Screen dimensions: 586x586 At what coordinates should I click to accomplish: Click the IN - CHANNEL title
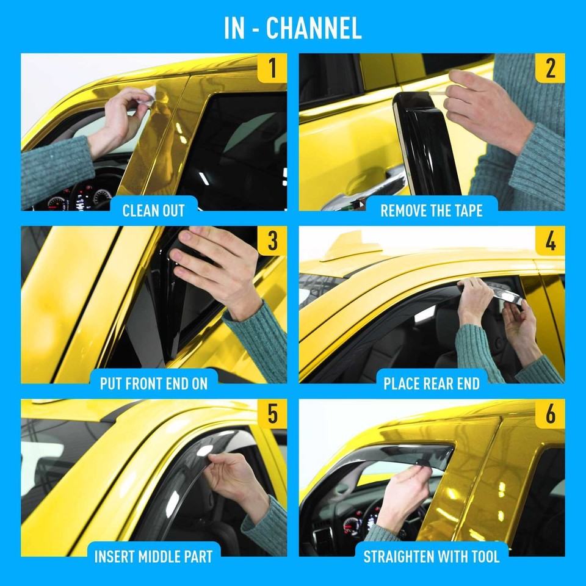[293, 28]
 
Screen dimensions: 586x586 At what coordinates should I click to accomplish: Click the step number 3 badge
[272, 241]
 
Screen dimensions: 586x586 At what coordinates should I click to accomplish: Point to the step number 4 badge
[549, 241]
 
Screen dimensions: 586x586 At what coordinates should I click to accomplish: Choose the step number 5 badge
[272, 414]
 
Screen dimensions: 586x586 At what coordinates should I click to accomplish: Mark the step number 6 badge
[549, 414]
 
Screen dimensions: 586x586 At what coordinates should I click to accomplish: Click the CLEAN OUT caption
[154, 211]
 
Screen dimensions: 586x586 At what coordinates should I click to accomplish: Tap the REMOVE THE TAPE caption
[431, 211]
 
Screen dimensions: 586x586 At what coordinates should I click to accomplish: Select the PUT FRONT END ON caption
[154, 383]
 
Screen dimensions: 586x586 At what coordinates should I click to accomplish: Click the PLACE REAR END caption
[431, 383]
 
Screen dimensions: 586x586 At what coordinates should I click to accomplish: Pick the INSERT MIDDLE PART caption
[154, 556]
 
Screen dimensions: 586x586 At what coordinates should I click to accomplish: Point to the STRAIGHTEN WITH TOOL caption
[431, 556]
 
